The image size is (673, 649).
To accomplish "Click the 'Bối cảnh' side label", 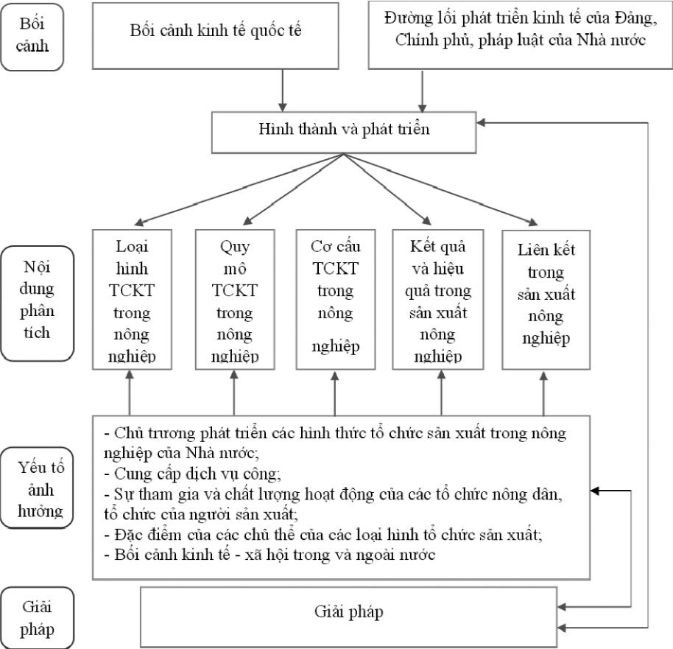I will (35, 35).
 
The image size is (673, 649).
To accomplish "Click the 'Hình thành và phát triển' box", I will (344, 129).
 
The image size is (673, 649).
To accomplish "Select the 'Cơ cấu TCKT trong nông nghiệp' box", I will (335, 298).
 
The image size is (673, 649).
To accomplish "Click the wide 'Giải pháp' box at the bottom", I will (348, 612).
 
